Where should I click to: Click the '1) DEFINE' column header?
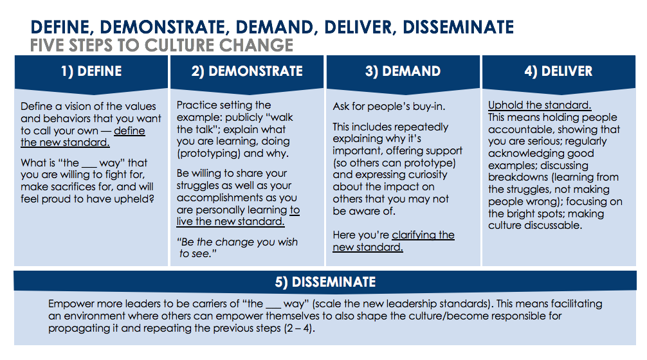coord(91,71)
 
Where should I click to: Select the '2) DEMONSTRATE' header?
coord(247,71)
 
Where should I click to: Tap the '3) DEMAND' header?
coord(403,71)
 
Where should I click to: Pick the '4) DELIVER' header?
coord(558,71)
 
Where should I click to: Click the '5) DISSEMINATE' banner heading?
coord(325,282)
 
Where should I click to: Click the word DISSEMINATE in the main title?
coord(459,27)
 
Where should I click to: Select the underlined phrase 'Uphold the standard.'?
coord(540,105)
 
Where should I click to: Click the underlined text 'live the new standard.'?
coord(231,221)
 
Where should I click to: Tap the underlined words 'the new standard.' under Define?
coord(65,142)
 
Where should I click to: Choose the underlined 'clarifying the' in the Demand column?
coord(423,235)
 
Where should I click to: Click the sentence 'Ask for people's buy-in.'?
coord(389,106)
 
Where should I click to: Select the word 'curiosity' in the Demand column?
coord(426,175)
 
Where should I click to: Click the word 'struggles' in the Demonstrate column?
coord(199,186)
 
